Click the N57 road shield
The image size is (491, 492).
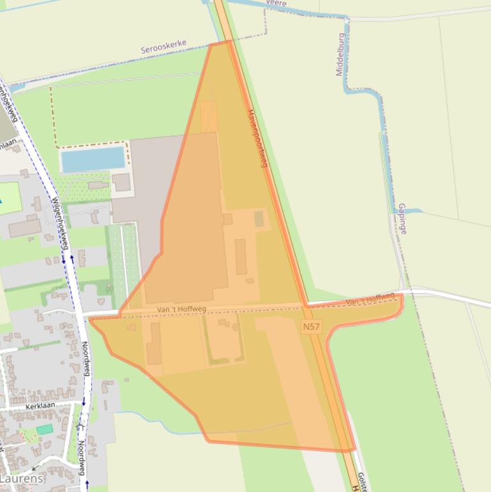tap(312, 327)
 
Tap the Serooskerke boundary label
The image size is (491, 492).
tap(163, 46)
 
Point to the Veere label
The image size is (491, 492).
tap(275, 3)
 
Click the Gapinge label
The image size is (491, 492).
tap(402, 219)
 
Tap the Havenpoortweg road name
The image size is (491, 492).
tap(257, 139)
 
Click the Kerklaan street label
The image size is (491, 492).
tap(40, 406)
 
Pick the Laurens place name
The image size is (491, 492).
tap(22, 478)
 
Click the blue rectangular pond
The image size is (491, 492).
tap(93, 159)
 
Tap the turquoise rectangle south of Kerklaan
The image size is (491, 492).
tap(45, 429)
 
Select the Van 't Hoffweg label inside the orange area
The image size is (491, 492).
tap(181, 310)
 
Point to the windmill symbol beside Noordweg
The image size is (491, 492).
tap(80, 425)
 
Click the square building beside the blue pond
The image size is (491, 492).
tap(121, 182)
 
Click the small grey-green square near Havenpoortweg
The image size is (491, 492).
tap(259, 219)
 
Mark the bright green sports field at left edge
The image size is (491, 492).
tap(10, 198)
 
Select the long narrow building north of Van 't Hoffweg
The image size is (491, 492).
tap(241, 256)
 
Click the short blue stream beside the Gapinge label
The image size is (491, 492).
tap(411, 210)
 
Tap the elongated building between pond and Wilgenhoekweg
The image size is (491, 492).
tap(98, 186)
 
